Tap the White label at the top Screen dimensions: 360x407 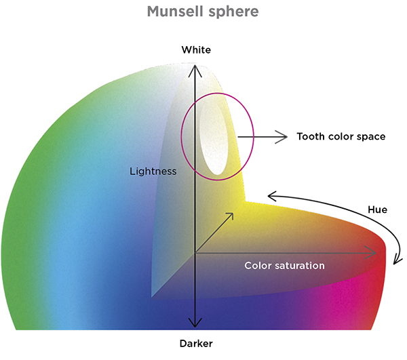click(196, 50)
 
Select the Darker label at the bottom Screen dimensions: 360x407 click(196, 344)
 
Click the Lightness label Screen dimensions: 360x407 click(153, 172)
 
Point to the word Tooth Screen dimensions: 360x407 click(312, 136)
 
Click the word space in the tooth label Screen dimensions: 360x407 click(370, 137)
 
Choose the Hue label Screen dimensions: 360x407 click(376, 209)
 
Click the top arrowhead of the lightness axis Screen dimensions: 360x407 click(196, 65)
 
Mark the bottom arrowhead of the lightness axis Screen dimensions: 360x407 click(196, 325)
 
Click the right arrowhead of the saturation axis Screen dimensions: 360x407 click(375, 254)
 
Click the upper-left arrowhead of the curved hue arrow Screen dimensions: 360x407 click(272, 197)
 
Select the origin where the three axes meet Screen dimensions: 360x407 click(196, 254)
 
